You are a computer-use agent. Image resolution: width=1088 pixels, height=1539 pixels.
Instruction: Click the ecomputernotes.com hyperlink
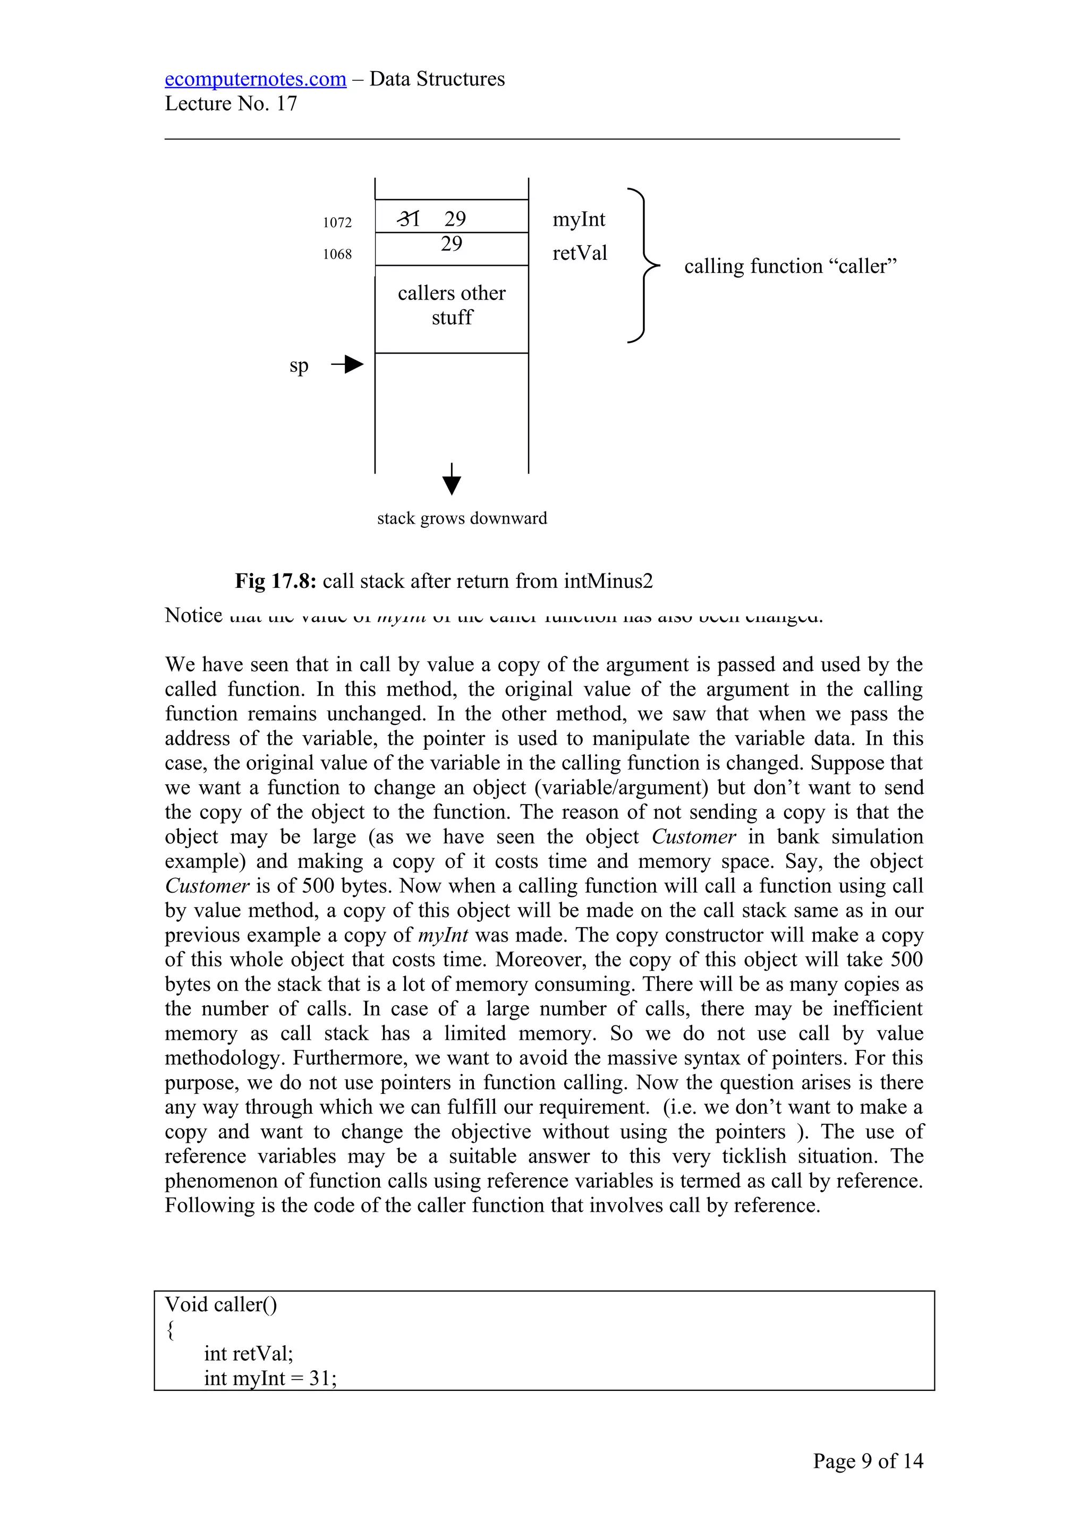(x=256, y=79)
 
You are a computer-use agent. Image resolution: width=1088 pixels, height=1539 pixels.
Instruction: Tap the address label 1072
(x=337, y=223)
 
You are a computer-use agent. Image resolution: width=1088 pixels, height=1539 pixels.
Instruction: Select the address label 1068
(x=337, y=254)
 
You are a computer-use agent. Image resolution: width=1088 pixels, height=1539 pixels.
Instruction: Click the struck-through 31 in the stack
(x=408, y=218)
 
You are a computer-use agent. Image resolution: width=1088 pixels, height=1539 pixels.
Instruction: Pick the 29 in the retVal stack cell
(x=451, y=244)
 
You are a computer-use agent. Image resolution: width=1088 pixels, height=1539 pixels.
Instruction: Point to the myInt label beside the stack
(x=579, y=220)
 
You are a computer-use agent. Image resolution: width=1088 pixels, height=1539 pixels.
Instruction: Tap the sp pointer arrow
(x=348, y=365)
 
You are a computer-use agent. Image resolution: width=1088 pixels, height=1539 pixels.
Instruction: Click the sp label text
(x=299, y=366)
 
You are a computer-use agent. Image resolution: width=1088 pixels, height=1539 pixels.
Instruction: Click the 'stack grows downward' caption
(x=462, y=518)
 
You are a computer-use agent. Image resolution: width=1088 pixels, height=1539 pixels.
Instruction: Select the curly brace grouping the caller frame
(x=642, y=266)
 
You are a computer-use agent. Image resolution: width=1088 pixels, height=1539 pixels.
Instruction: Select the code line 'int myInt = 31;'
(x=270, y=1378)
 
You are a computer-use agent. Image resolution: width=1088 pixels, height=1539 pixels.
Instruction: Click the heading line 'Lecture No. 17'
(x=231, y=104)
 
